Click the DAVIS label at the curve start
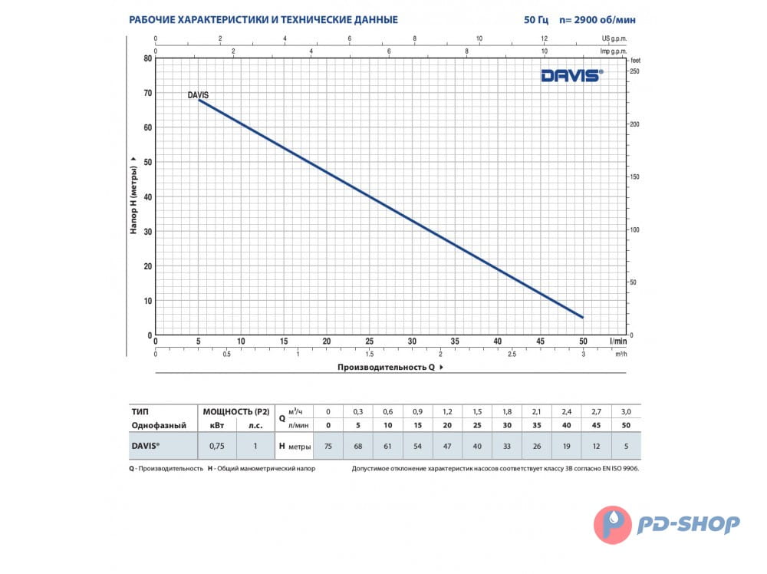click(198, 95)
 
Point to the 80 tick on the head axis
click(147, 58)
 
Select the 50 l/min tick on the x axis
click(583, 341)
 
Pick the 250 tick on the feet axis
click(634, 71)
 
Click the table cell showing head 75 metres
click(328, 446)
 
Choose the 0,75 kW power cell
click(217, 446)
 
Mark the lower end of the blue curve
click(583, 317)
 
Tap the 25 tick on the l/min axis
click(369, 341)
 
